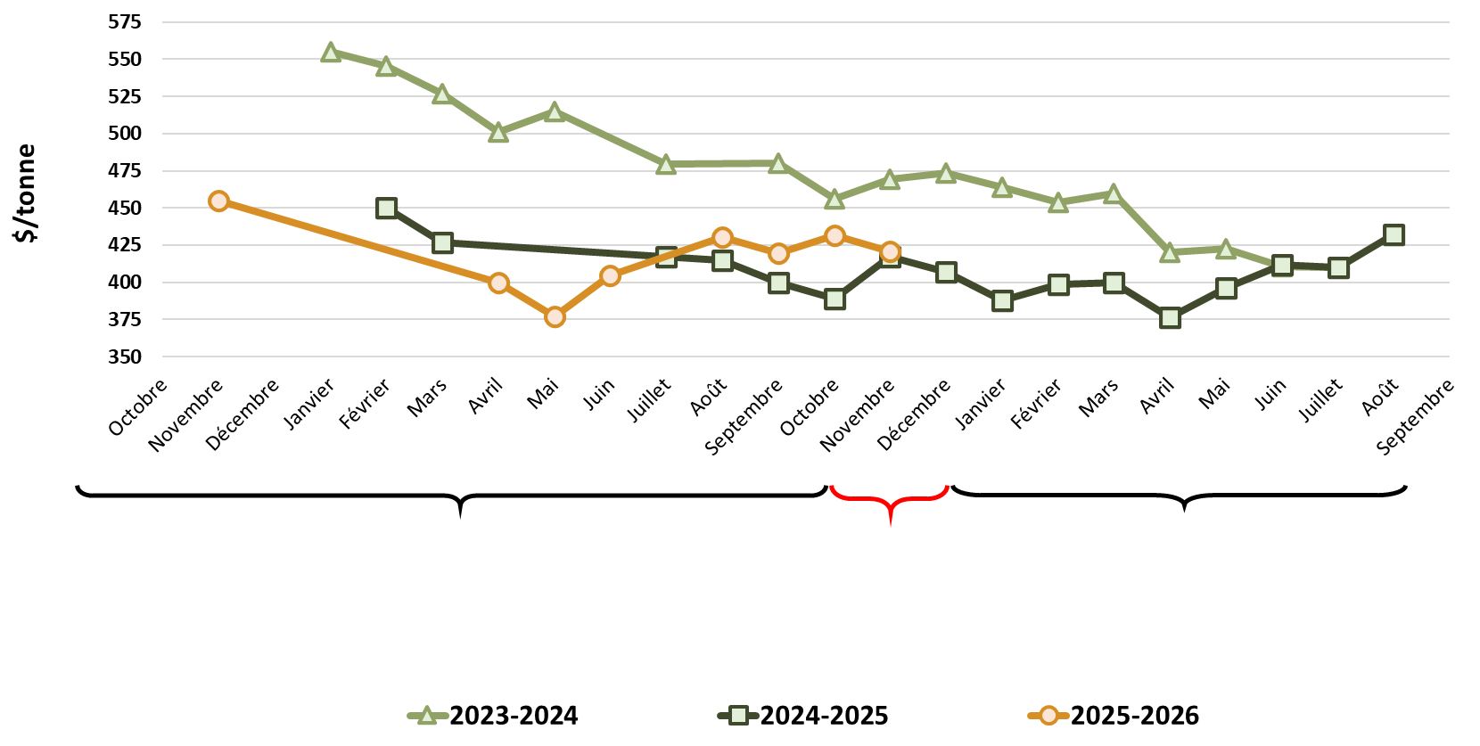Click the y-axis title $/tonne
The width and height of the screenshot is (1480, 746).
[25, 193]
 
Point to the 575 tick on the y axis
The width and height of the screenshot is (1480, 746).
[125, 22]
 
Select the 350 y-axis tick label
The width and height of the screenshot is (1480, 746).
[125, 357]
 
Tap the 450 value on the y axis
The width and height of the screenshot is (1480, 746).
[125, 208]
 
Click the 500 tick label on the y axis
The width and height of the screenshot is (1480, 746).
[125, 134]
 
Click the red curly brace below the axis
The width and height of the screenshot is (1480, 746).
[889, 503]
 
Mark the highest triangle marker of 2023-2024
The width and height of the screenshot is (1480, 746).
[331, 53]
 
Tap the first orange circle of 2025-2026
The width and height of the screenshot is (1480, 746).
[218, 201]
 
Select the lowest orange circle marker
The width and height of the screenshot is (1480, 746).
[555, 316]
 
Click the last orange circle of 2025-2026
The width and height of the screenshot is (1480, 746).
[890, 252]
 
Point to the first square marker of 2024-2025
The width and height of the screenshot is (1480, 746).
[386, 209]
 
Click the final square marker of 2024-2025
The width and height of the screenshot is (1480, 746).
[1394, 235]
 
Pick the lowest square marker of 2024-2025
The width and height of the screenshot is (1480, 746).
[1170, 318]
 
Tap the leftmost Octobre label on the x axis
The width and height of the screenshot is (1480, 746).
[138, 407]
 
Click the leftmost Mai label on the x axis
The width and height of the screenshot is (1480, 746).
[543, 394]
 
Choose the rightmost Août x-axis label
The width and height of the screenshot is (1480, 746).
[1380, 397]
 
